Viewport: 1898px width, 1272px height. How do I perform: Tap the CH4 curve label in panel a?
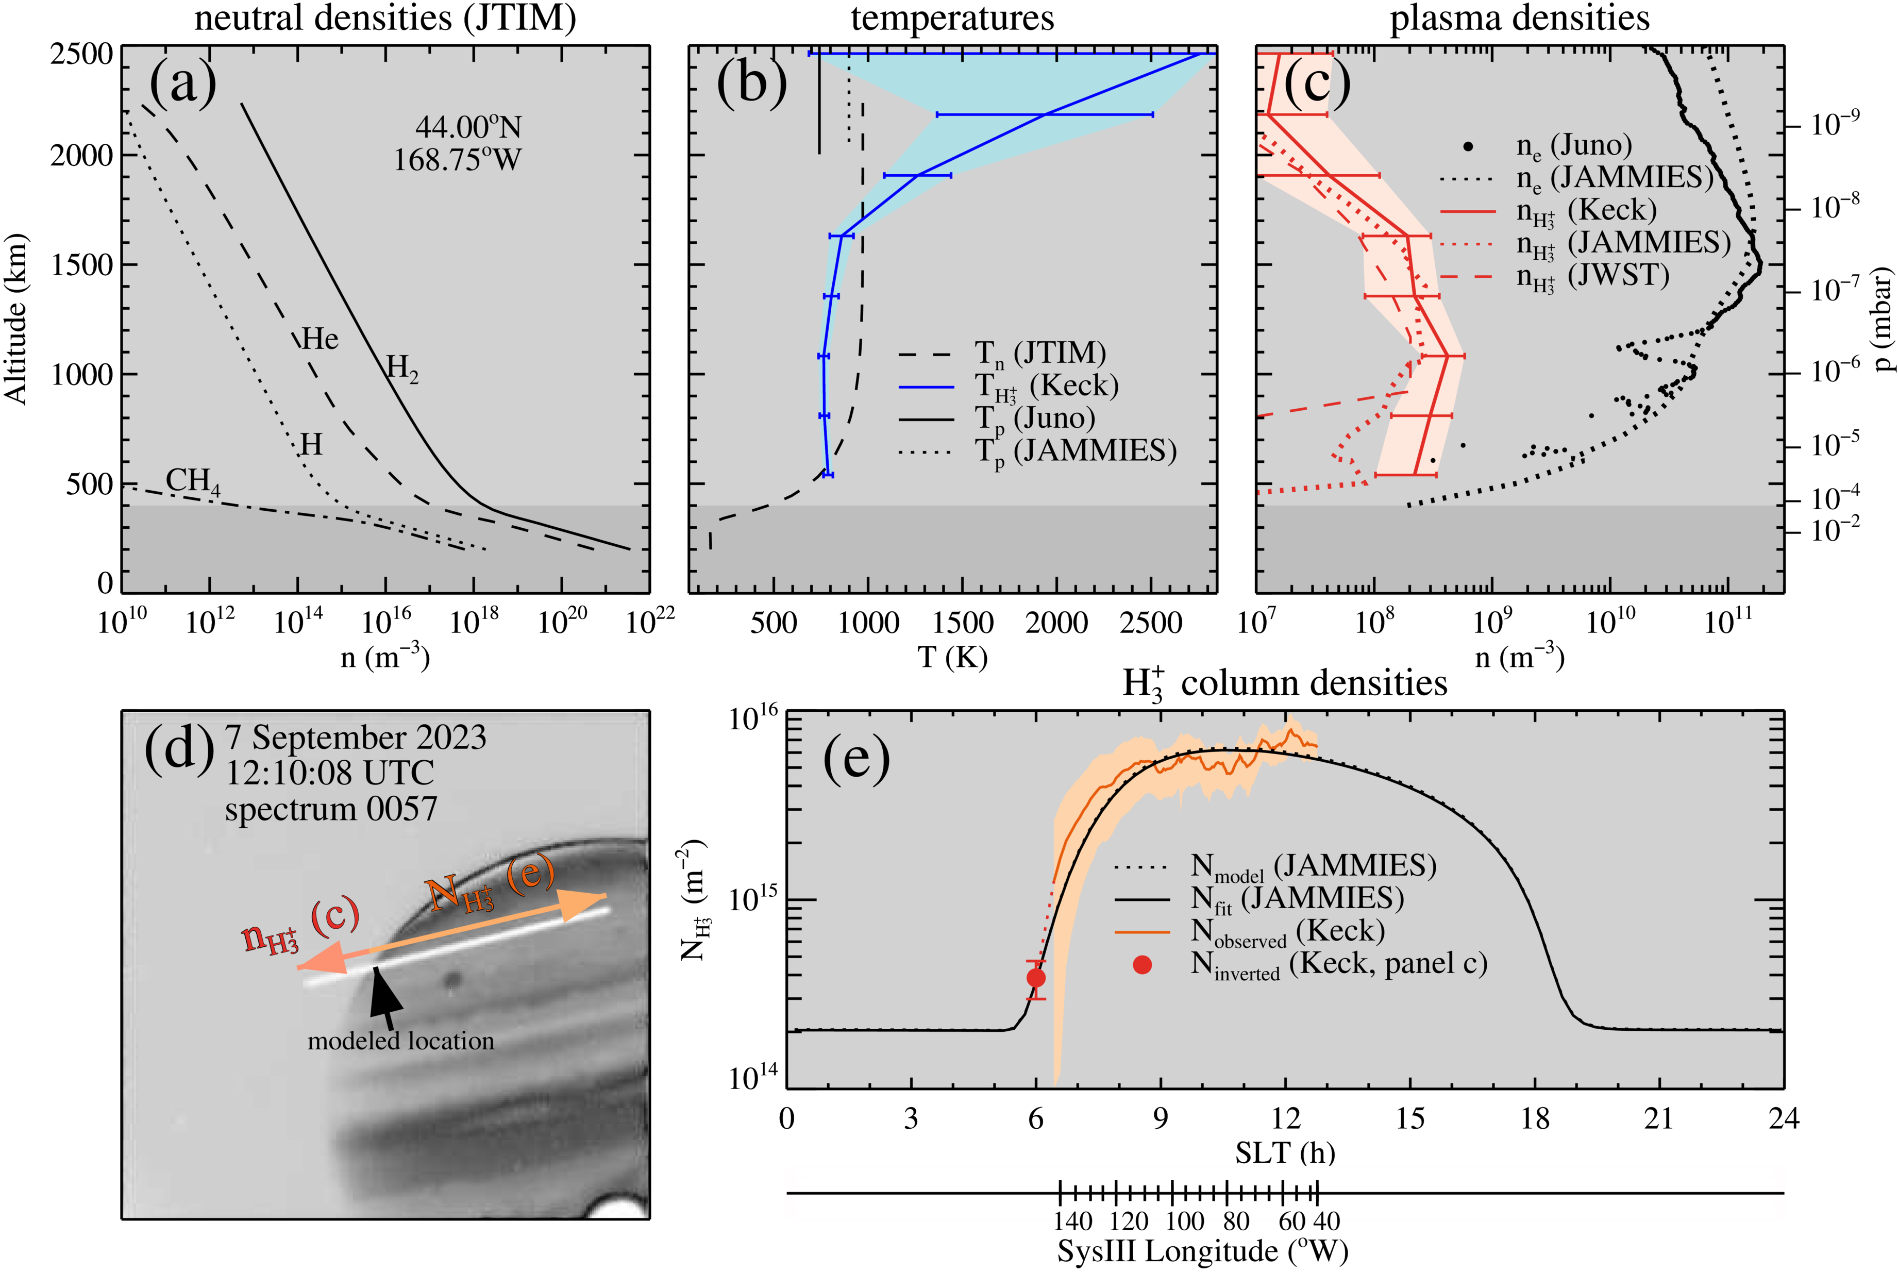coord(192,481)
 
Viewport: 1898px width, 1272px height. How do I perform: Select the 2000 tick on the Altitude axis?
coord(81,155)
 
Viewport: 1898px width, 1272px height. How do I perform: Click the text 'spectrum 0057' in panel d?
coord(331,809)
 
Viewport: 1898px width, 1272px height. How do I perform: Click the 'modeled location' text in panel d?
coord(401,1041)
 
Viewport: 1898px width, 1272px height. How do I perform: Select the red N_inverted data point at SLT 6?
coord(1036,978)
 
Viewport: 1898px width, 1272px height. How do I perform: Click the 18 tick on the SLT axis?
coord(1535,1119)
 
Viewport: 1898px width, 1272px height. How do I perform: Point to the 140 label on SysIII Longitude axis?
coord(1073,1221)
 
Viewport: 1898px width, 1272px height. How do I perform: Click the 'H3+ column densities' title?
coord(1285,683)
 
